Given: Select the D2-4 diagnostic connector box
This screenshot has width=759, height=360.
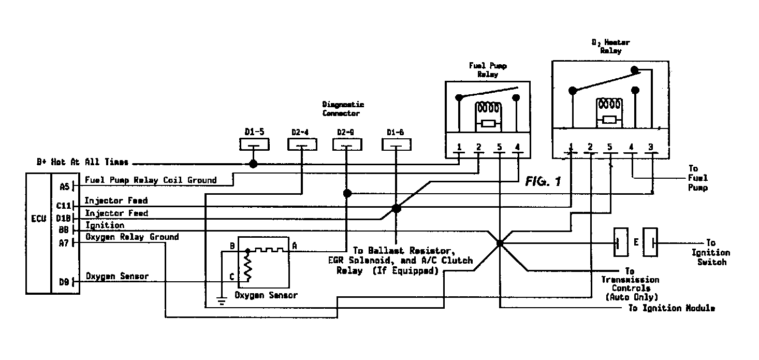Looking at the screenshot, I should click(300, 145).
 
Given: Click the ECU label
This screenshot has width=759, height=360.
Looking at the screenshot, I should click(38, 218).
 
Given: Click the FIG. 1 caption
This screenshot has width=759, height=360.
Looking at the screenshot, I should click(543, 182).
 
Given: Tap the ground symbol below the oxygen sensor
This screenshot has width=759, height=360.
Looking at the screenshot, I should click(222, 301).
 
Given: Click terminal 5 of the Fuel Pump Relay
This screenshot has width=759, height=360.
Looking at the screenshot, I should click(499, 148).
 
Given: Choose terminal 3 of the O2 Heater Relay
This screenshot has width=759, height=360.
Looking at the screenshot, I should click(651, 147).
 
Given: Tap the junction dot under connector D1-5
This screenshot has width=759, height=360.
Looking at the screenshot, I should click(253, 164).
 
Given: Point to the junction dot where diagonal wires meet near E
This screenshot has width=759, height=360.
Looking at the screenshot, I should click(500, 242).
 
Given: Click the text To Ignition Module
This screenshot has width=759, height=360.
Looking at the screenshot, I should click(672, 308).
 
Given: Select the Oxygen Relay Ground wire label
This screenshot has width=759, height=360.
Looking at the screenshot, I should click(132, 237).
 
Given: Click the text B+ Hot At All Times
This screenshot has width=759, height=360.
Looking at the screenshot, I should click(82, 162).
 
